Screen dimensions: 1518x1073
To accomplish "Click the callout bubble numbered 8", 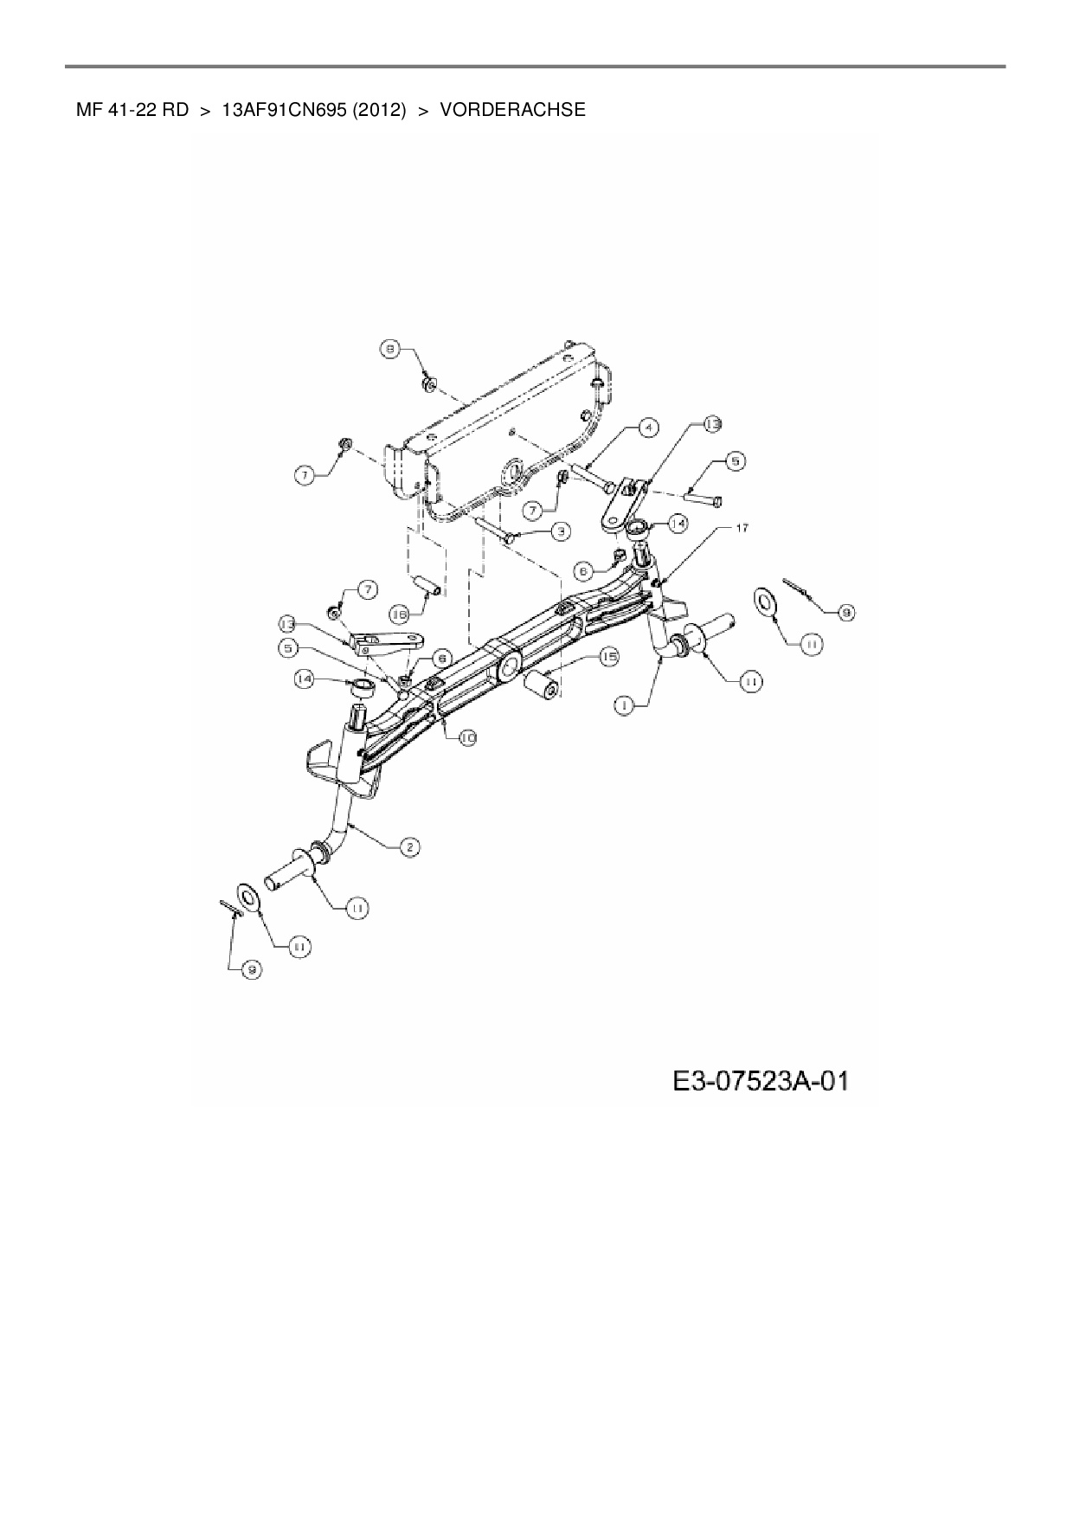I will tap(391, 350).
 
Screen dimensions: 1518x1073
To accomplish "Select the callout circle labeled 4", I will tap(648, 427).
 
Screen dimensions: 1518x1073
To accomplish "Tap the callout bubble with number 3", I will tap(560, 531).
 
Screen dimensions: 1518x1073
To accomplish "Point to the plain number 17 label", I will tap(742, 528).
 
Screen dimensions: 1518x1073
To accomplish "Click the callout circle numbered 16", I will tap(399, 614).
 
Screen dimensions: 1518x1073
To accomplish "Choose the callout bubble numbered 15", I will tap(609, 658).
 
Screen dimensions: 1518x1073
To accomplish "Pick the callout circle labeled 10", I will tap(467, 737).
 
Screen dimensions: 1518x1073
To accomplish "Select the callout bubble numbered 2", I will tap(410, 846).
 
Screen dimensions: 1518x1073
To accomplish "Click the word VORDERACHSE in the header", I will tap(513, 110).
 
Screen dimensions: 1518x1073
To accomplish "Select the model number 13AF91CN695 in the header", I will tap(284, 110).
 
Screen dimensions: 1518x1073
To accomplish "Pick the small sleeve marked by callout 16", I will tap(429, 585).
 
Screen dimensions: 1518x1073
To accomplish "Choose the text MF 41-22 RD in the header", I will tap(132, 110).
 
